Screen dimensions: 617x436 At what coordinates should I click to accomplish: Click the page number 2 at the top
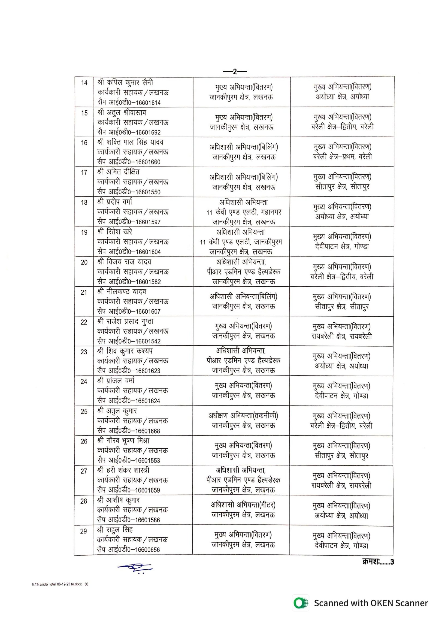[x=235, y=72]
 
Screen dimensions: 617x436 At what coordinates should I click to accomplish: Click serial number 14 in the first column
[x=84, y=83]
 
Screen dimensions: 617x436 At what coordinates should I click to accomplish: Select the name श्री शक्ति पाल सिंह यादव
[x=130, y=142]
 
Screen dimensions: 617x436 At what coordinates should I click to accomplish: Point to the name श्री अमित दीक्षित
[x=118, y=172]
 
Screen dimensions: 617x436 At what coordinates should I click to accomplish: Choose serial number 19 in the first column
[x=84, y=232]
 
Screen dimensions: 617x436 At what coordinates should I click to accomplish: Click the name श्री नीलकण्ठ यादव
[x=122, y=292]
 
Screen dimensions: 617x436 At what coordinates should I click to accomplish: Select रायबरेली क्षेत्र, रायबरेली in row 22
[x=341, y=336]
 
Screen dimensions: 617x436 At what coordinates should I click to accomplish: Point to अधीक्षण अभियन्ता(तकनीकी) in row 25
[x=243, y=416]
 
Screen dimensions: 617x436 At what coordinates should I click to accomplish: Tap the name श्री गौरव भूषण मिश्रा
[x=123, y=441]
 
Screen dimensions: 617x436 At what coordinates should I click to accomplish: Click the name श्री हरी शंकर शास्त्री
[x=123, y=470]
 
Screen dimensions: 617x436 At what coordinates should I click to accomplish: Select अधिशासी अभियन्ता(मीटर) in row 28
[x=243, y=505]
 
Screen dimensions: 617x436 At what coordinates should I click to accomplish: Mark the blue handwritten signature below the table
[x=135, y=567]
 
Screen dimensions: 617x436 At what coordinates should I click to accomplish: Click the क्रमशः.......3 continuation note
[x=378, y=562]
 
